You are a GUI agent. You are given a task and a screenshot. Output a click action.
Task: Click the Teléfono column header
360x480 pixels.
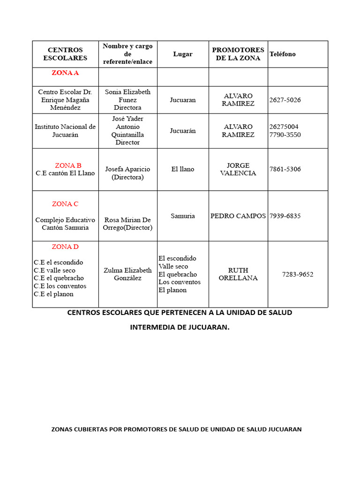coord(283,54)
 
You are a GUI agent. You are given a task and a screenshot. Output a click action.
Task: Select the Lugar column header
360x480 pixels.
coord(183,54)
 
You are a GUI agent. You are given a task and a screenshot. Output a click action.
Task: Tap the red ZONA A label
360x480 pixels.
coord(65,73)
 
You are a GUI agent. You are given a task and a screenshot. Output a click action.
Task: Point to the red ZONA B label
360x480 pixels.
coord(68,165)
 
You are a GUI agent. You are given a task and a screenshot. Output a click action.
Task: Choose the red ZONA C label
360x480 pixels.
coord(65,204)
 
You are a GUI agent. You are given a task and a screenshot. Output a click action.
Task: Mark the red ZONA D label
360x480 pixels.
coord(65,247)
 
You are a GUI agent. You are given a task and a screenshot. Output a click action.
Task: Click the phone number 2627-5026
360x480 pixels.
coord(285,100)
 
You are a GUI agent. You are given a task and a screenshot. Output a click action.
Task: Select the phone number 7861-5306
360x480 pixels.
coord(285,169)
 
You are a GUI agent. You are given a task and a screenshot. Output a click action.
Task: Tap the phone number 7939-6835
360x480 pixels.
coord(285,216)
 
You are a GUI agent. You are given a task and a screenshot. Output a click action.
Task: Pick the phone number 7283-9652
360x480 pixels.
coord(298,274)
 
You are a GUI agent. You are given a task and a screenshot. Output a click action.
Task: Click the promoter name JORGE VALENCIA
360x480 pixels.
coord(238,169)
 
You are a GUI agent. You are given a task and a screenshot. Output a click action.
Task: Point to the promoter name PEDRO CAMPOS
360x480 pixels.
coord(238,216)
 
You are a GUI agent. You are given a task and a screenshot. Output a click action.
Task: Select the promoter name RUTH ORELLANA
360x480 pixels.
coord(238,274)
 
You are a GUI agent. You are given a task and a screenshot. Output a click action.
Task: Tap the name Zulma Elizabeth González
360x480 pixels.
coord(127,274)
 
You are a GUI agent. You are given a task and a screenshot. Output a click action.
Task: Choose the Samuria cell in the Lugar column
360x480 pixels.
coord(183,216)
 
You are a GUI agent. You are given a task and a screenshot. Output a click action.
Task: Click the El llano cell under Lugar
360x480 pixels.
coord(183,169)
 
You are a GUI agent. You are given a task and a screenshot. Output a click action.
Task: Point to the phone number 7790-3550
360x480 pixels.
coord(285,135)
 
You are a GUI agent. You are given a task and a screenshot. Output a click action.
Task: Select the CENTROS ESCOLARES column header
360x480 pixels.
coord(65,54)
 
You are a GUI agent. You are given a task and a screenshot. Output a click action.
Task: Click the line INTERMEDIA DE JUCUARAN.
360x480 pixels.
coord(180,327)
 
